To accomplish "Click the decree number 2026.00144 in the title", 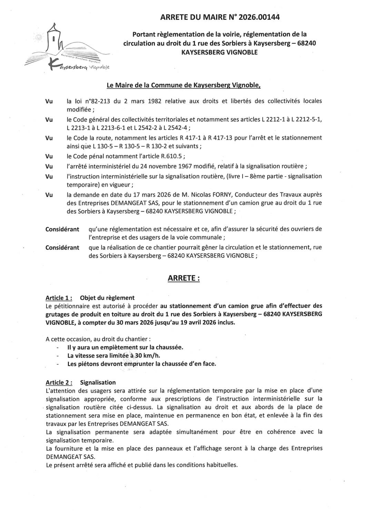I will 255,16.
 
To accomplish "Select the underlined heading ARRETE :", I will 184,278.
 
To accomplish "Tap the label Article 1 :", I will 59,298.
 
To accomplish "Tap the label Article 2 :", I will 59,382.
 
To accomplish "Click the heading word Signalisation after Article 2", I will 98,382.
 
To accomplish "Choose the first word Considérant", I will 62,229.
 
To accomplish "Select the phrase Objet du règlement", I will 107,298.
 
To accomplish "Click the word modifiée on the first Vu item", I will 78,110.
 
